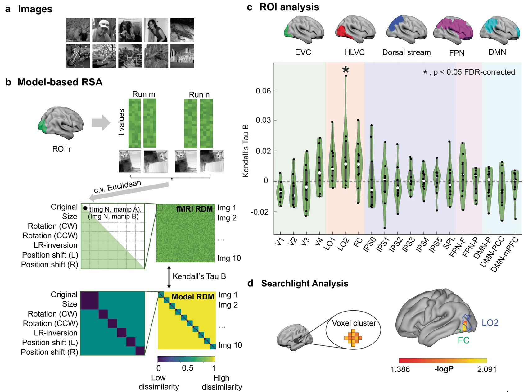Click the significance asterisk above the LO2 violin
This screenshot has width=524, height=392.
coord(346,70)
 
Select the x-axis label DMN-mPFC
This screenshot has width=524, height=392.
coord(505,254)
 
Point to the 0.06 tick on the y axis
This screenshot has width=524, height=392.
coord(263,91)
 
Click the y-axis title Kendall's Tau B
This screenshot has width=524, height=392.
coord(246,151)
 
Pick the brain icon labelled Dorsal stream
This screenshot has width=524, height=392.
coord(406,30)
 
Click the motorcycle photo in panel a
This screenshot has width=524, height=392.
coord(78,56)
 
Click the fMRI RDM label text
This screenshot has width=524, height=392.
coord(194,209)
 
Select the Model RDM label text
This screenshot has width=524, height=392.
coord(193,297)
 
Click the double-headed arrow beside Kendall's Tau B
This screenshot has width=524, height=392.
coord(169,276)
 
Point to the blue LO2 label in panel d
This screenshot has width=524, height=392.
coord(490,323)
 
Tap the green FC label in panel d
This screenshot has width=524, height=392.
coord(463,340)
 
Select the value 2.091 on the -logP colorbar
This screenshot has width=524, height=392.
coord(487,369)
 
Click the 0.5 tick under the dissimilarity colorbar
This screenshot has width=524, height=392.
coord(187,368)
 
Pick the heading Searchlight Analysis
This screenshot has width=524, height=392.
coord(305,283)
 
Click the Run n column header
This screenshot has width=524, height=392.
coord(199,94)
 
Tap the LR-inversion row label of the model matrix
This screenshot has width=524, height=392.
coord(56,333)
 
